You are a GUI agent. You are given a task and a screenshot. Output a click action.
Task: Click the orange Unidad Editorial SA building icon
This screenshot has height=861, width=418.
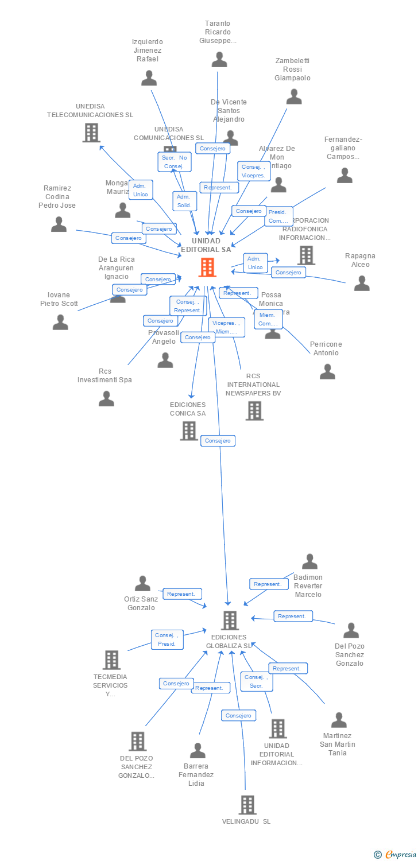(207, 267)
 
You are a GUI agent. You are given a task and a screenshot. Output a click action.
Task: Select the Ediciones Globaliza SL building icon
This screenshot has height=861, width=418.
(230, 620)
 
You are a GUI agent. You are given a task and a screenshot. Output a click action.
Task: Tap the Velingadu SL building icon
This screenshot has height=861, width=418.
(247, 805)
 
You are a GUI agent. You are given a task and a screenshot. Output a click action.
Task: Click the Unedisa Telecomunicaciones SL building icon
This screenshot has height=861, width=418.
(91, 133)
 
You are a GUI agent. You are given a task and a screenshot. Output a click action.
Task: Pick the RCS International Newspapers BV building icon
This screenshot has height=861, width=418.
(254, 410)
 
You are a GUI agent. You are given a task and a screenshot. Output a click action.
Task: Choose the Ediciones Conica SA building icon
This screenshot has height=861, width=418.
(189, 430)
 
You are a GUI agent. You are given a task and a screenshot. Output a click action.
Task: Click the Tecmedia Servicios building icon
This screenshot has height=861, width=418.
(111, 660)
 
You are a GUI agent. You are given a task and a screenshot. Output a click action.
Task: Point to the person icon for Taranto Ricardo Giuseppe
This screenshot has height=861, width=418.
(219, 59)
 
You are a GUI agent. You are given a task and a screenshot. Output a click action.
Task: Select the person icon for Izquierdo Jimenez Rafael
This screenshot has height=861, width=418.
(149, 77)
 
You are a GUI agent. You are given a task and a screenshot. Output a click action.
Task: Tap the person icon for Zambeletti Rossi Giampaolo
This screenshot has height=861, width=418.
(294, 96)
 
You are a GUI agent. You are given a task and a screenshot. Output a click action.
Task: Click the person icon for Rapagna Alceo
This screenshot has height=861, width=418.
(362, 283)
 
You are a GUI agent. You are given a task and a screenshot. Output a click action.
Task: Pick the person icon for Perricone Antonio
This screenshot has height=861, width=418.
(327, 371)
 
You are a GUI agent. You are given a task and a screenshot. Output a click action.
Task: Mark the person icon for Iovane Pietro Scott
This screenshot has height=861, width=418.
(60, 322)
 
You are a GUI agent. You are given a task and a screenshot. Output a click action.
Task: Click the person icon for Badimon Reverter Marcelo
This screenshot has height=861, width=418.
(309, 561)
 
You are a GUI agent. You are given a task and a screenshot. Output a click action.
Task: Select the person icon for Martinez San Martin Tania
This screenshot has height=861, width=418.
(339, 720)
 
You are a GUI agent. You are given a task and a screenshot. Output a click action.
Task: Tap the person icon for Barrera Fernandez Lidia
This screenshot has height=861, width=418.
(198, 750)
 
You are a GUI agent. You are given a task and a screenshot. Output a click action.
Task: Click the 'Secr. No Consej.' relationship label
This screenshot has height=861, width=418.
(175, 162)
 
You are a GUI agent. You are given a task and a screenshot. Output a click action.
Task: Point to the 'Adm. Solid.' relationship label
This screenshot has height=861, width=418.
(185, 201)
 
